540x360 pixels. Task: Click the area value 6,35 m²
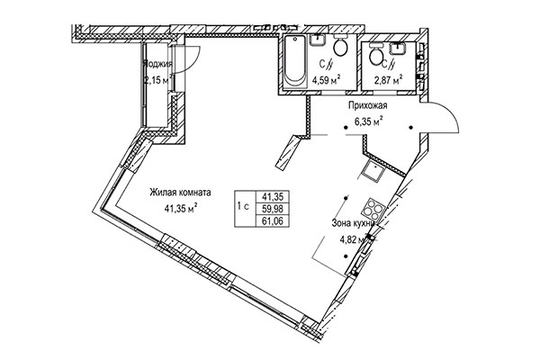(367, 121)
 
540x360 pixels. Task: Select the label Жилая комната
(181, 192)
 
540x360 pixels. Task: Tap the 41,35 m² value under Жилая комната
(181, 207)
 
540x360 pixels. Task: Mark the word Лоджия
(157, 65)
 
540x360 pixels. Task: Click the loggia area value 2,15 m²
(157, 80)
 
